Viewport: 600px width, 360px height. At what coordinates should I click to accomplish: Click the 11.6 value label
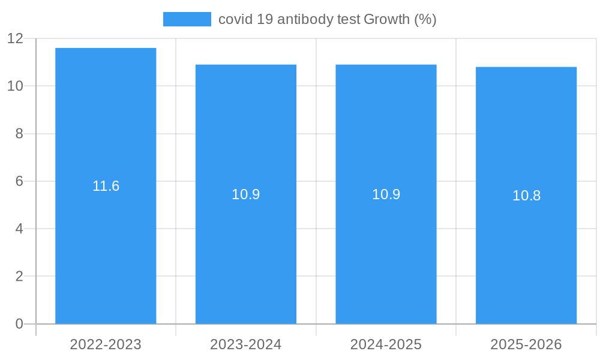point(106,186)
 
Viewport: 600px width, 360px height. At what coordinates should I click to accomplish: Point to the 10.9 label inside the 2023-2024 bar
point(246,194)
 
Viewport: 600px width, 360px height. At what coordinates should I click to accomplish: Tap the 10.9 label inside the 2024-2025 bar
point(386,194)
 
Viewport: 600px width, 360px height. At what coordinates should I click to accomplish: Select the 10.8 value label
point(526,196)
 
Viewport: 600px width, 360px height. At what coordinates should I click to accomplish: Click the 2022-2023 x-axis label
point(106,344)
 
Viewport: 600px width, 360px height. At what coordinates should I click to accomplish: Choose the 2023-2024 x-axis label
point(246,344)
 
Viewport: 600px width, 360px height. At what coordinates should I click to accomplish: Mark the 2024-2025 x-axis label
point(386,344)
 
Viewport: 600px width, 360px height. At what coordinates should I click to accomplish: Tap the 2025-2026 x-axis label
point(526,344)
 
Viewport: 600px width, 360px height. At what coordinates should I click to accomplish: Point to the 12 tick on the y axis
point(15,38)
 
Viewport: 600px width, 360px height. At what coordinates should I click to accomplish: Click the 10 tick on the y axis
point(15,86)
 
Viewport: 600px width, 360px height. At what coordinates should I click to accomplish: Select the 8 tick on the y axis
point(19,134)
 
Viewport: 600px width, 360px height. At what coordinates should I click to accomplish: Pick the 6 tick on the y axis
point(19,181)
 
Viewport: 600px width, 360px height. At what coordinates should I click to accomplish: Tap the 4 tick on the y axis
point(19,229)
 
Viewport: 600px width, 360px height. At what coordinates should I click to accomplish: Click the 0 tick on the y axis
point(19,324)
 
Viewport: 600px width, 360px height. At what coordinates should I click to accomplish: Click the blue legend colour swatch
point(187,19)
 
